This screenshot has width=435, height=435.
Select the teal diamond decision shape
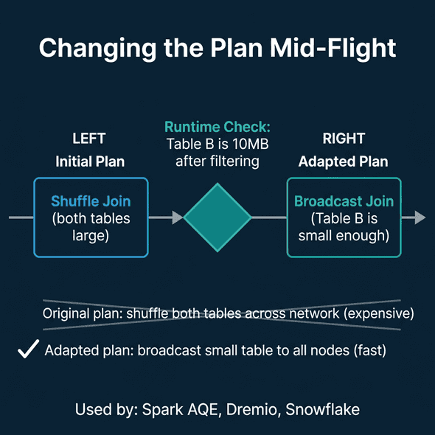point(217,217)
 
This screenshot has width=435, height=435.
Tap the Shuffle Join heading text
point(91,201)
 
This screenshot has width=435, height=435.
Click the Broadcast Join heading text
point(344,201)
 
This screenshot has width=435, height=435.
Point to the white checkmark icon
point(28,350)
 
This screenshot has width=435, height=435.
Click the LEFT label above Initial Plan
point(89,139)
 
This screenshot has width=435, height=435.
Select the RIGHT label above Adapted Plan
point(343,139)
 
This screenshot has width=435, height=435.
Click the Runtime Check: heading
point(217,127)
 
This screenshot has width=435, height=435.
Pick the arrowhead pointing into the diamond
point(177,217)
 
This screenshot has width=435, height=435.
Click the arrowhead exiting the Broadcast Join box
point(420,217)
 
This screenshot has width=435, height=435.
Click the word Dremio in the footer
point(248,409)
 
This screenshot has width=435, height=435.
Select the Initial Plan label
point(89,161)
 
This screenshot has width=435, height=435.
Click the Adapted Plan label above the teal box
point(343,161)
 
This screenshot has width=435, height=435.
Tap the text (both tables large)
point(91,227)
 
